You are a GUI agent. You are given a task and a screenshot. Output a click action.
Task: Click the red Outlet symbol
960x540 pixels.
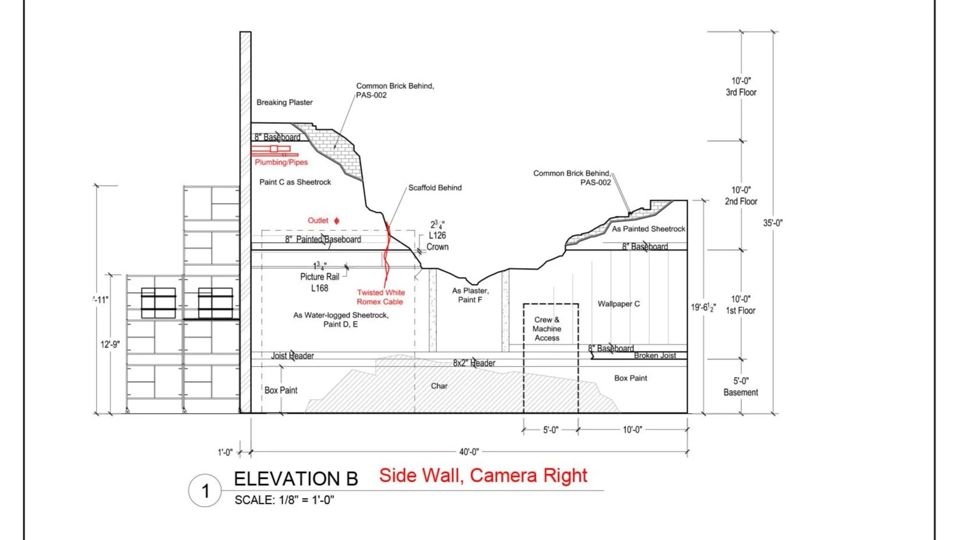coord(336,221)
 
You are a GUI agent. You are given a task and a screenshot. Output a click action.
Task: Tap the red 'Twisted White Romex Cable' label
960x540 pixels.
coord(381,297)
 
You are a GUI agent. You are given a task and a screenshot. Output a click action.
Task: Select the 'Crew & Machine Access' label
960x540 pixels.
coord(547,329)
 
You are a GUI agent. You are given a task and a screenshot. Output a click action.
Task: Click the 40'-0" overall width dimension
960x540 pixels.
coord(469,452)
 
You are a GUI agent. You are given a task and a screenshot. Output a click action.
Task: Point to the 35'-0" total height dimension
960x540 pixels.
coord(773,223)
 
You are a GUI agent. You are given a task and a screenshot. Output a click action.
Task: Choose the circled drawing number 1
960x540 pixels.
coord(205,491)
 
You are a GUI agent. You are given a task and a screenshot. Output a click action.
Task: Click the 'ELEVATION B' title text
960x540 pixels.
coord(296,479)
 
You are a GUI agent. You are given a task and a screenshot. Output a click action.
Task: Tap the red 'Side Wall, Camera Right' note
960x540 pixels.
coord(483,475)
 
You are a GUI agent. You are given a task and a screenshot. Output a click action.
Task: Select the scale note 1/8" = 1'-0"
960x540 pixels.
coord(285,500)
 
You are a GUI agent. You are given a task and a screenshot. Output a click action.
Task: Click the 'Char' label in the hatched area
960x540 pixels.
coord(439,386)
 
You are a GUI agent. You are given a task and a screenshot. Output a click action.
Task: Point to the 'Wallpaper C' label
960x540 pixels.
coord(618,304)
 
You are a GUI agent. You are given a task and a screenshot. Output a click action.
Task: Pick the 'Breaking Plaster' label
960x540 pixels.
coord(285,102)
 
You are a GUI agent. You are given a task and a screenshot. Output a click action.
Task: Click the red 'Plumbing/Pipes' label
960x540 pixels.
coord(281,162)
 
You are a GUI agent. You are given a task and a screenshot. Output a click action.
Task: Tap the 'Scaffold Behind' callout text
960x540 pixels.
coord(435,188)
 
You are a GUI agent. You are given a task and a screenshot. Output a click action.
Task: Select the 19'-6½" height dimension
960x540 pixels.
coord(703,307)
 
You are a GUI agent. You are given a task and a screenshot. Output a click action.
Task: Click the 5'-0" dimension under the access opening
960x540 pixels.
coord(550,430)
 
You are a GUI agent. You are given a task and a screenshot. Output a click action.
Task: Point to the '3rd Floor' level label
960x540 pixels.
coord(741,93)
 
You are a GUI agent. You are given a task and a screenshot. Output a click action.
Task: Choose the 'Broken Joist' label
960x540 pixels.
coord(655,356)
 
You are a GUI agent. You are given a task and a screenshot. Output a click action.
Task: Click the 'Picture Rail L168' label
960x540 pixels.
coord(319,282)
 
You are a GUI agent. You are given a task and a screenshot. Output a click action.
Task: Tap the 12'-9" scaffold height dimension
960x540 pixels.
coord(110,344)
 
